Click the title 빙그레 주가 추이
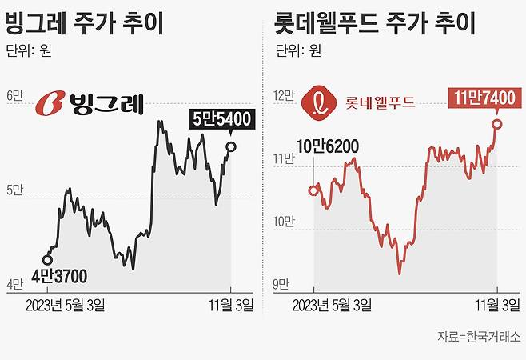click(x=85, y=23)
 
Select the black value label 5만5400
click(x=221, y=120)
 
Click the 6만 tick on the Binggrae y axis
click(x=15, y=95)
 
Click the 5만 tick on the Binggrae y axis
click(x=15, y=190)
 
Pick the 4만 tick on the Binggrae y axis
click(x=15, y=284)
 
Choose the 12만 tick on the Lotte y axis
click(x=283, y=95)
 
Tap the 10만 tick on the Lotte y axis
click(x=283, y=222)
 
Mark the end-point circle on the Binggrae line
click(x=231, y=146)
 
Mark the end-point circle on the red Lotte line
click(x=497, y=123)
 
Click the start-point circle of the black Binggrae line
click(x=47, y=259)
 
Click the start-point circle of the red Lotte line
click(x=313, y=190)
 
